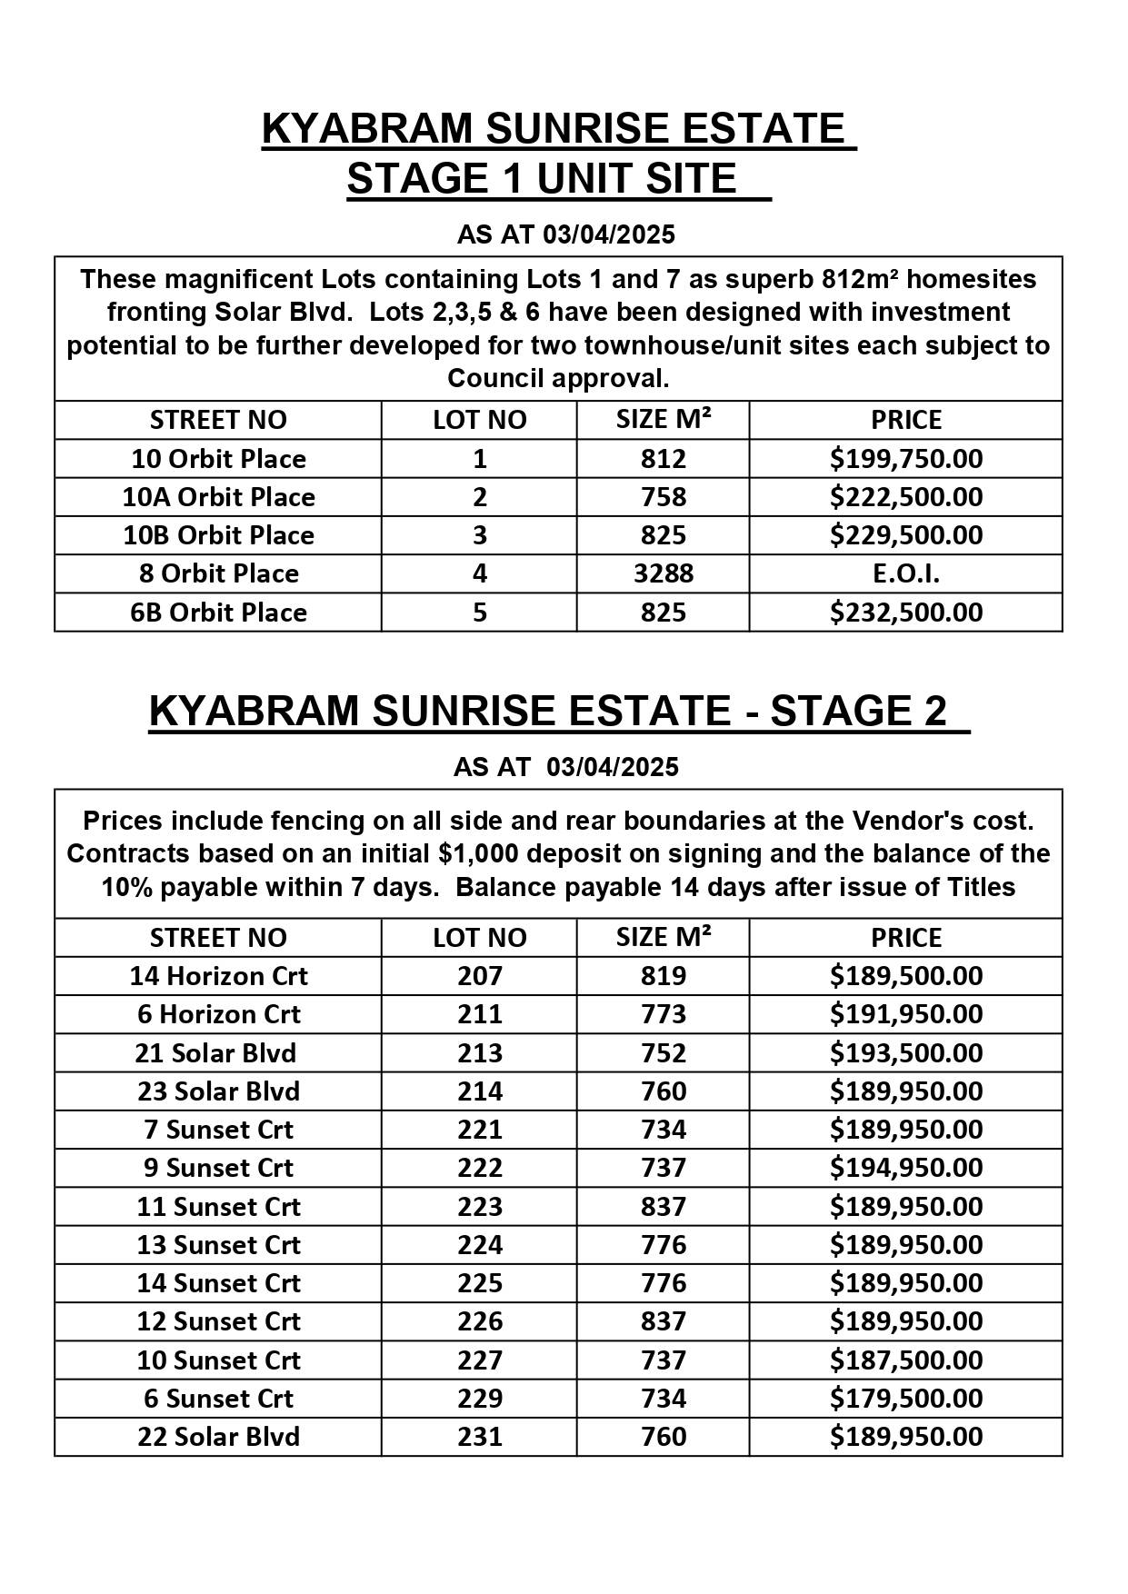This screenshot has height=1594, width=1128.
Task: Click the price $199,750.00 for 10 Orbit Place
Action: (905, 459)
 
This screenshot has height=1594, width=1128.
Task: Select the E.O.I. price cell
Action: (905, 573)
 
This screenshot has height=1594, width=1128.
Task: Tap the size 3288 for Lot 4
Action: (663, 573)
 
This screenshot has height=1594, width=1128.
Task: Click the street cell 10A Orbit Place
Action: (218, 497)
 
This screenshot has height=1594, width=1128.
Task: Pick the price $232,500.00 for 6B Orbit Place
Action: (905, 613)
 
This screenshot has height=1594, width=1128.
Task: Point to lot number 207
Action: (479, 976)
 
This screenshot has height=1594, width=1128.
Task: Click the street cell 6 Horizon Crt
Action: (218, 1014)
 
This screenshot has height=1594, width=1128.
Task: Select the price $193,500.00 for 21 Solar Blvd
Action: (905, 1053)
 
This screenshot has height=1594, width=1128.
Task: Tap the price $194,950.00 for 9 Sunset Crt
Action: (905, 1168)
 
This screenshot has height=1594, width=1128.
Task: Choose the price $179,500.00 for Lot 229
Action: (905, 1399)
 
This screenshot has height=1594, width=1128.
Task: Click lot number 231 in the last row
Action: (479, 1437)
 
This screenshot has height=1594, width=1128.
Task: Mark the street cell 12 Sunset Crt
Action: (218, 1321)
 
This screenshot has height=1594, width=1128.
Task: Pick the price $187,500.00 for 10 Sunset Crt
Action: (905, 1360)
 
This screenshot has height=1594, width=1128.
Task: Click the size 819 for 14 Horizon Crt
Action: (663, 976)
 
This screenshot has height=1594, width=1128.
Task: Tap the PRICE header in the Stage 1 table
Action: (905, 420)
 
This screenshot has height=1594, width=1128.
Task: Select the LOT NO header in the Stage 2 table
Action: (479, 938)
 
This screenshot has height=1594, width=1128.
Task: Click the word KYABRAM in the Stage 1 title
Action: (367, 129)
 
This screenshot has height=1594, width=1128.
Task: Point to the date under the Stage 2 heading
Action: (613, 767)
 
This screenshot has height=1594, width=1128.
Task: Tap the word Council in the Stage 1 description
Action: (494, 379)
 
